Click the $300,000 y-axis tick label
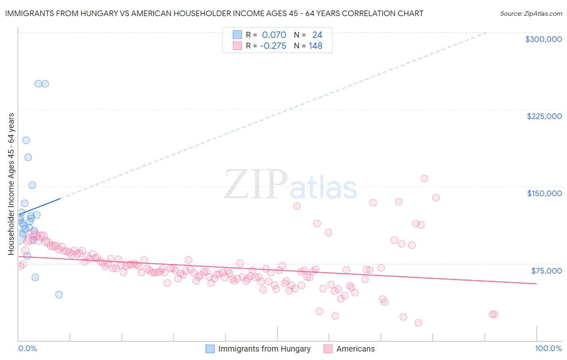coord(543,39)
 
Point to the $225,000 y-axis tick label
coord(544,116)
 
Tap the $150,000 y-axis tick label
coord(544,193)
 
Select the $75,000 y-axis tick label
coord(546,270)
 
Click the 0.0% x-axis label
coord(27,349)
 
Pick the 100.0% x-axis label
coord(548,349)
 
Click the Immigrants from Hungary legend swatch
coord(210,349)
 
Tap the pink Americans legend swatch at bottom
coord(328,349)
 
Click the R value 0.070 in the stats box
coord(274,35)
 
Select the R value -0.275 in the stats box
coord(273,46)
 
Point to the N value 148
coord(315,46)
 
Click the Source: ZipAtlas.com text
coord(531,13)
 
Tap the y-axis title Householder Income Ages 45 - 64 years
coord(11,184)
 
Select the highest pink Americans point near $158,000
coord(424,178)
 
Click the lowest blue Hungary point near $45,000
coord(59,295)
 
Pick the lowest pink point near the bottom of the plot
coord(418,323)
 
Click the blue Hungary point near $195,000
coord(26,140)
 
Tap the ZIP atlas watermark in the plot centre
coord(290,184)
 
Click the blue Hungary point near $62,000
coord(35,277)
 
